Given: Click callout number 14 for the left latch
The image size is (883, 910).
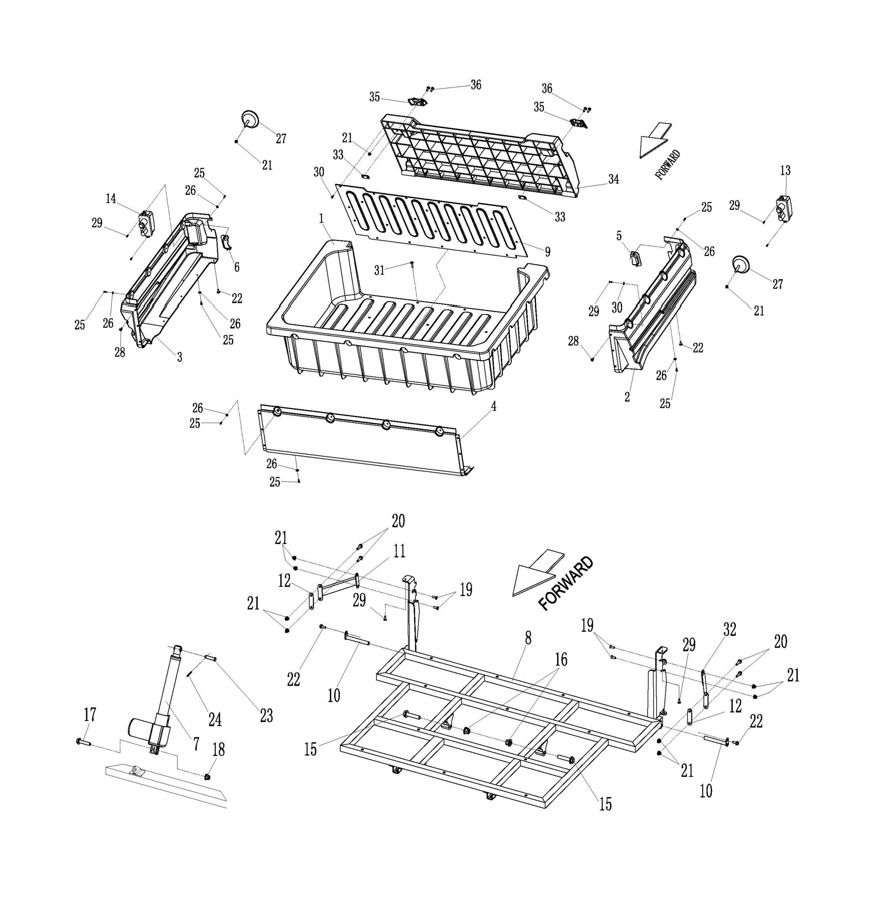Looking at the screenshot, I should (111, 199).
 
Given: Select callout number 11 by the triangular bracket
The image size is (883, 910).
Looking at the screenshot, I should (399, 551).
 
